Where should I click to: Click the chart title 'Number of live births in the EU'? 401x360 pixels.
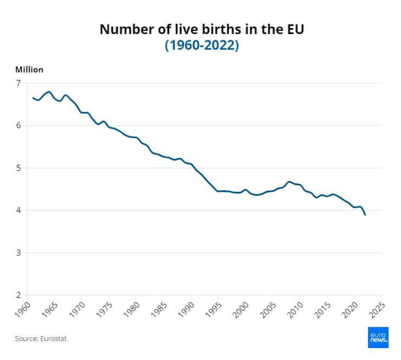[x=202, y=29]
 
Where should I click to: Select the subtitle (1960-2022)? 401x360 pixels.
[x=202, y=46]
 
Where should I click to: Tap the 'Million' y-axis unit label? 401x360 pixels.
[x=29, y=69]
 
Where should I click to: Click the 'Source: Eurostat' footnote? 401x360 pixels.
[x=41, y=339]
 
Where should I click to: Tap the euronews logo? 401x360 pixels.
[x=378, y=337]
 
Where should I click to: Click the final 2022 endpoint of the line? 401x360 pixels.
[x=365, y=215]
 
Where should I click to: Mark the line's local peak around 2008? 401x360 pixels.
[x=289, y=182]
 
